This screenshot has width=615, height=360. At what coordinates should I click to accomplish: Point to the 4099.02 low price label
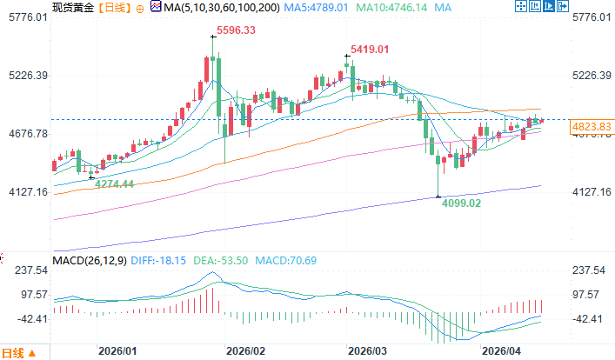click(x=462, y=203)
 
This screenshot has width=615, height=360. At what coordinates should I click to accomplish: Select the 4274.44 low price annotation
click(x=114, y=184)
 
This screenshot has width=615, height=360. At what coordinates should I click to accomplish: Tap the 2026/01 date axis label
click(x=117, y=350)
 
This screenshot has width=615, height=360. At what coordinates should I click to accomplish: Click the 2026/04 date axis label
click(x=501, y=350)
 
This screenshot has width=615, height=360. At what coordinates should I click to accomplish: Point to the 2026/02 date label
click(x=244, y=350)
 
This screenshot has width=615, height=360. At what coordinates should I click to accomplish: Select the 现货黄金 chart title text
click(x=71, y=8)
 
